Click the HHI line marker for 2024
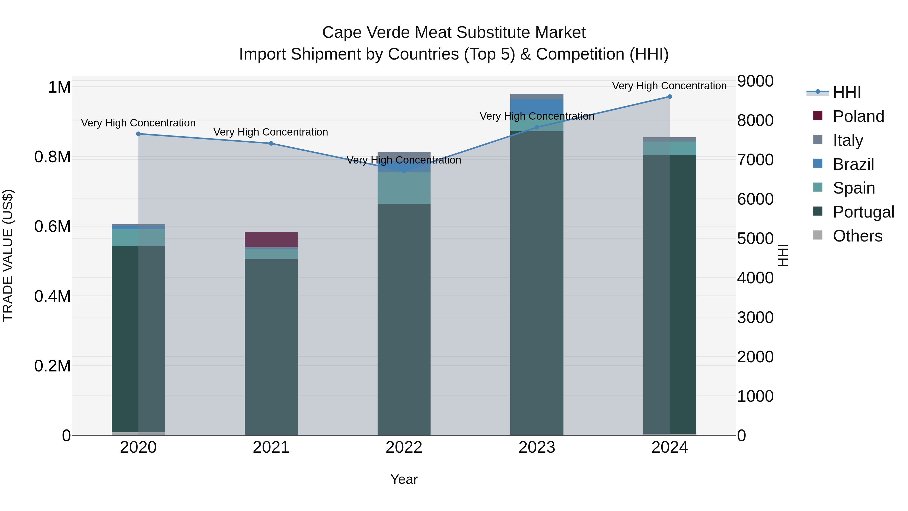[x=669, y=97]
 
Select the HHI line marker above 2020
[x=138, y=134]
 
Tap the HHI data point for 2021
[x=271, y=144]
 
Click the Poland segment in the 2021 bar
[x=271, y=239]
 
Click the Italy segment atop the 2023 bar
[x=536, y=96]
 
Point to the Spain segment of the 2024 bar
[x=669, y=148]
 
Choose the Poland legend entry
[x=858, y=116]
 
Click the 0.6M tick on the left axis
[x=52, y=226]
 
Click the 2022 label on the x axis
[x=404, y=447]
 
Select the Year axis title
[x=404, y=479]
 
